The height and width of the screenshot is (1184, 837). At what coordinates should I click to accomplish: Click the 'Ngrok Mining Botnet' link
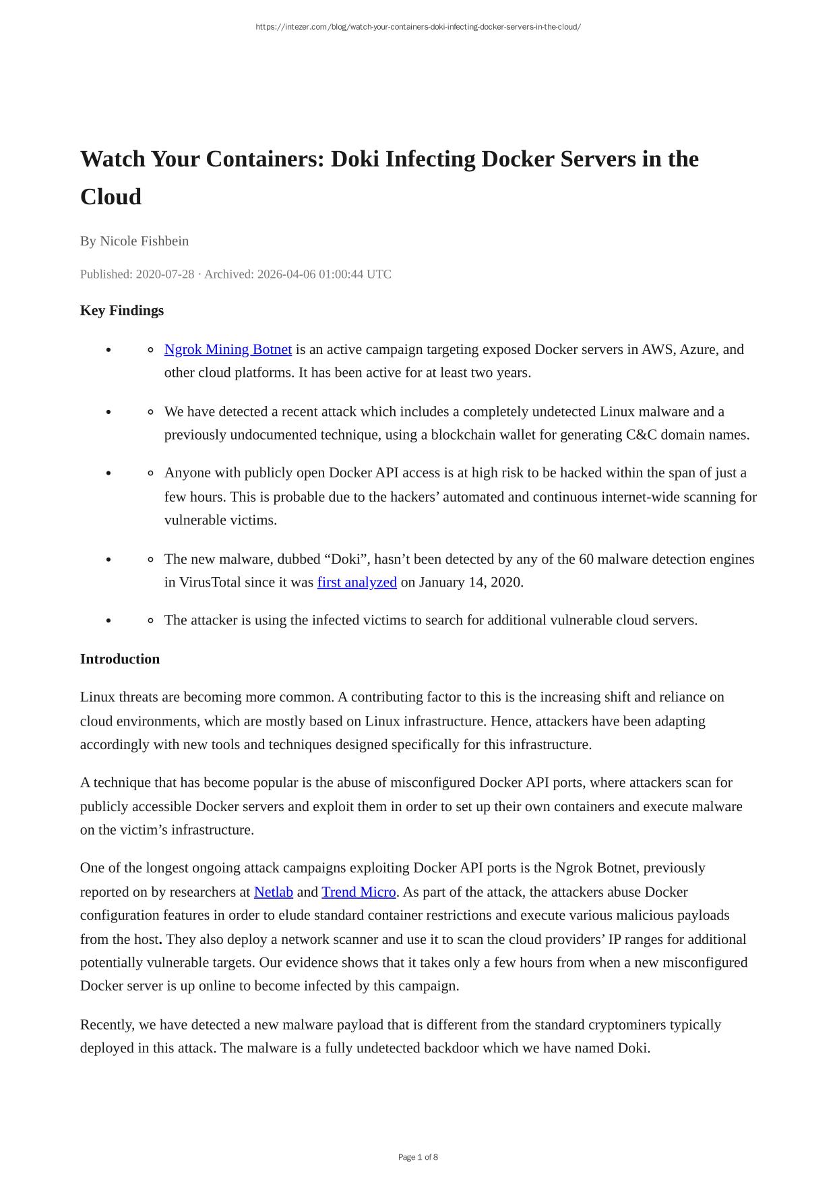pos(228,349)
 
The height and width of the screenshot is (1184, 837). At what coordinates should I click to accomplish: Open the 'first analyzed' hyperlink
pos(356,582)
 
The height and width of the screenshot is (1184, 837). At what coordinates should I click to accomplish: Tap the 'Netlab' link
pos(273,892)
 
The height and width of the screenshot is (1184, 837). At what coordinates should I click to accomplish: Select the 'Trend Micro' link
pos(359,892)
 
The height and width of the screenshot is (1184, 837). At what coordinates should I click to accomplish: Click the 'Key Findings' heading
pos(122,310)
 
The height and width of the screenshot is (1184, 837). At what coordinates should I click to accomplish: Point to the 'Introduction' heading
pos(120,659)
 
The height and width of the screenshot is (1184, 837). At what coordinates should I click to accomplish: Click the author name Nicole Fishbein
pos(144,241)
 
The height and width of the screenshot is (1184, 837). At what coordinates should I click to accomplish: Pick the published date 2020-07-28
pos(165,274)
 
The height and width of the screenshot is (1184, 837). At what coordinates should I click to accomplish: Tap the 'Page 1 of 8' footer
pos(418,1157)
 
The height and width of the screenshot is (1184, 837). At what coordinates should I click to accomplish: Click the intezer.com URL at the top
pos(418,27)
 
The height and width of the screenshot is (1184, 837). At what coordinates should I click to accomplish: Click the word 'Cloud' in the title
pos(111,197)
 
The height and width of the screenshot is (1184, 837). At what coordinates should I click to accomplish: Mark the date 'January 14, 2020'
pos(470,582)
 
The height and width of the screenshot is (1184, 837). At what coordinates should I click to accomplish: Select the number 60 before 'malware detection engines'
pos(586,559)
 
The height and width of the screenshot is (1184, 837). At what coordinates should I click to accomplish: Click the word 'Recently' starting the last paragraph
pos(106,1025)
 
